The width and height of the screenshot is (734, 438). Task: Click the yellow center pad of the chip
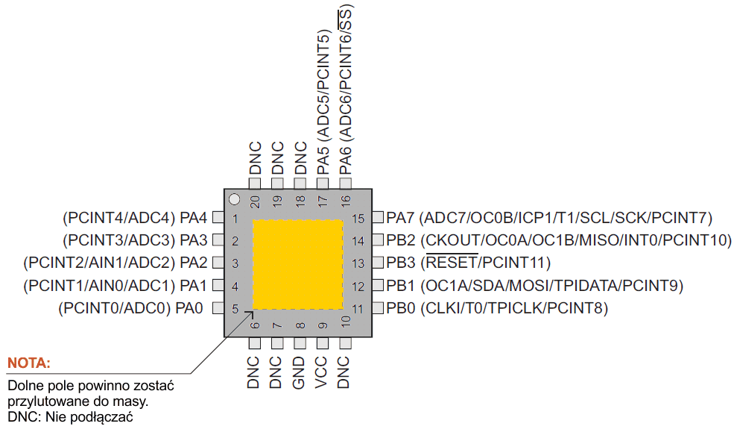(298, 264)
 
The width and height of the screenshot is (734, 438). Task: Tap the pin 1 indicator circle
(234, 200)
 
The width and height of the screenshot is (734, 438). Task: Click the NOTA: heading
(29, 363)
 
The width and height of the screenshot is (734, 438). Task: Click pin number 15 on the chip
(358, 219)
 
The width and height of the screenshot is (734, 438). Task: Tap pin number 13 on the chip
(358, 263)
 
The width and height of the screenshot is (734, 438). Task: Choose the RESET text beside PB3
(451, 263)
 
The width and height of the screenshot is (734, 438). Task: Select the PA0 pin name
(189, 308)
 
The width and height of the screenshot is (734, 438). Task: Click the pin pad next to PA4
(218, 218)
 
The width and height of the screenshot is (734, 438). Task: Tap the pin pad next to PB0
(378, 307)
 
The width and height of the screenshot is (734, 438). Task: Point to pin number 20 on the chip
(255, 201)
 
